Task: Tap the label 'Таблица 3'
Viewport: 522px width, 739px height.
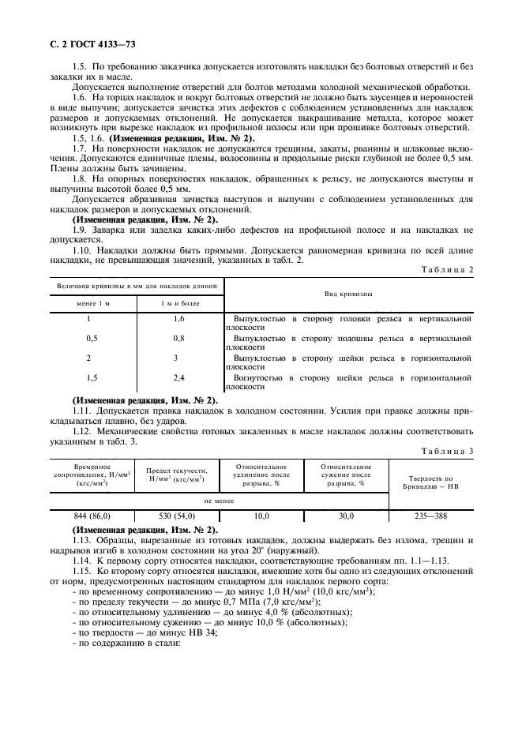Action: pyautogui.click(x=448, y=451)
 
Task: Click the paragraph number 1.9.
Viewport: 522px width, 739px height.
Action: pyautogui.click(x=79, y=229)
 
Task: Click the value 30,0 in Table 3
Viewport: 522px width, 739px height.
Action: pyautogui.click(x=346, y=516)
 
